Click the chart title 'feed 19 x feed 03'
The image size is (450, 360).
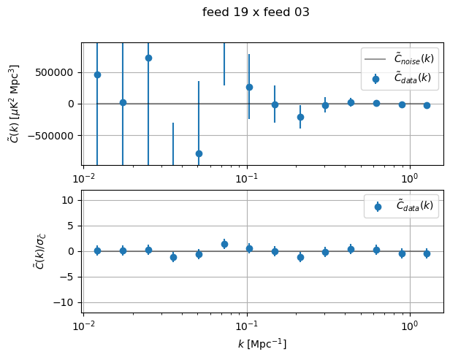click(256, 12)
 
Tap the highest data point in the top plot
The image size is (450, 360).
click(148, 58)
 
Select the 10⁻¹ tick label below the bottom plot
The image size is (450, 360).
click(247, 323)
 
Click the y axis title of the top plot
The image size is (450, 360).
click(15, 104)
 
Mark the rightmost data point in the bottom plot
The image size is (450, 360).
click(427, 253)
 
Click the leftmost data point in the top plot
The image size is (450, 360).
click(97, 74)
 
